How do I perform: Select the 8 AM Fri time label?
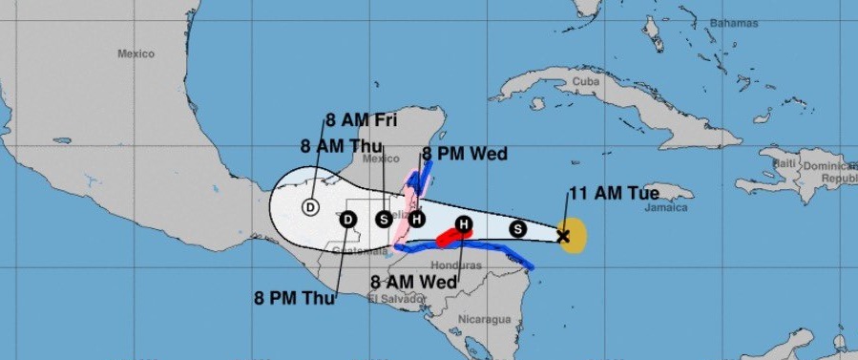point(362,120)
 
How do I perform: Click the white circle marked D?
point(310,206)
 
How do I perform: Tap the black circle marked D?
point(348,220)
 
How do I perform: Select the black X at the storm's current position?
point(563,235)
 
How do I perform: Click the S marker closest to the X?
point(518,228)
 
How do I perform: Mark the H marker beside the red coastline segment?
point(464,225)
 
